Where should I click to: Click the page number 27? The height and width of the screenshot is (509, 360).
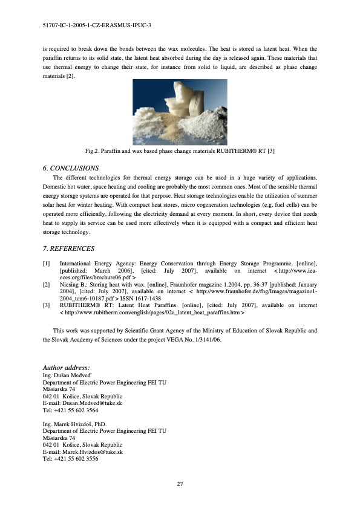(180, 484)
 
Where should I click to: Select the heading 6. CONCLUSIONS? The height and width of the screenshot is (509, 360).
(71, 167)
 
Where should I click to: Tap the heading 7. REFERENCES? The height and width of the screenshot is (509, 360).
(68, 248)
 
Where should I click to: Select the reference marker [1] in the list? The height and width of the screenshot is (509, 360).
(47, 264)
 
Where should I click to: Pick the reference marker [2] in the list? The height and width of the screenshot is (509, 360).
(47, 284)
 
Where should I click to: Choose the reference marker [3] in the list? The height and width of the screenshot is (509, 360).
(47, 305)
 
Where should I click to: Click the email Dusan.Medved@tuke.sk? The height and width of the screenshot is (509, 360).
(92, 403)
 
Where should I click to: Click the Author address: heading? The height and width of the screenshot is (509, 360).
(67, 368)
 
